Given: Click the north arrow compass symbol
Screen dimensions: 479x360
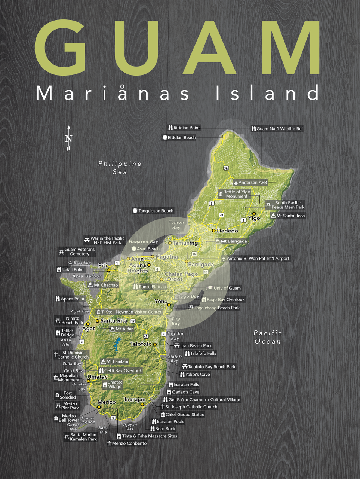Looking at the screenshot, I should (x=68, y=138).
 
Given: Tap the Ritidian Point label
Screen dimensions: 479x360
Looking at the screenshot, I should (x=184, y=128).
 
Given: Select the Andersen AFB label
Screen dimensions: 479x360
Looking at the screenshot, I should (x=250, y=183).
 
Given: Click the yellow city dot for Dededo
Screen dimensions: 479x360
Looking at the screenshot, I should (x=213, y=231).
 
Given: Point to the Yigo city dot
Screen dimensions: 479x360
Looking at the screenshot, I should (x=254, y=214).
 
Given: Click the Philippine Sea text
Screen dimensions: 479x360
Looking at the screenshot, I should (x=120, y=168).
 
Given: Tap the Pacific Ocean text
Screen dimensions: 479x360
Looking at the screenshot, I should (x=268, y=337).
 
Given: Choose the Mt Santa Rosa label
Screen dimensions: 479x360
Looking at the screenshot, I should (x=288, y=216).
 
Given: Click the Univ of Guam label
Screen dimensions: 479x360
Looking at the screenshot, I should (x=224, y=288).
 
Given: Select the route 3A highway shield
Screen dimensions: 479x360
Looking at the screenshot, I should (x=226, y=168).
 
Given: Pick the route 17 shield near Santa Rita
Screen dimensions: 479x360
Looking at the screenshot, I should (x=133, y=321).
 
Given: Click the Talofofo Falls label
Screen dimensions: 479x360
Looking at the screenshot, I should (x=201, y=353).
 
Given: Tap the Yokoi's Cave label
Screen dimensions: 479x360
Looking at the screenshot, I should (x=195, y=374).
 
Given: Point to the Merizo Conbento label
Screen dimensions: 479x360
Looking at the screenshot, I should (x=127, y=443).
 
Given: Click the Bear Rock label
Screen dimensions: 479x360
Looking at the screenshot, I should (x=163, y=429).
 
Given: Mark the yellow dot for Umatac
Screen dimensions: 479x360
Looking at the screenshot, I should (x=89, y=381).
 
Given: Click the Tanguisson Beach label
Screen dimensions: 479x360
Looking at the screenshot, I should (x=153, y=211).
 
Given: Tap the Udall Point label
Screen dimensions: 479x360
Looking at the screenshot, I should (x=71, y=269).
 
